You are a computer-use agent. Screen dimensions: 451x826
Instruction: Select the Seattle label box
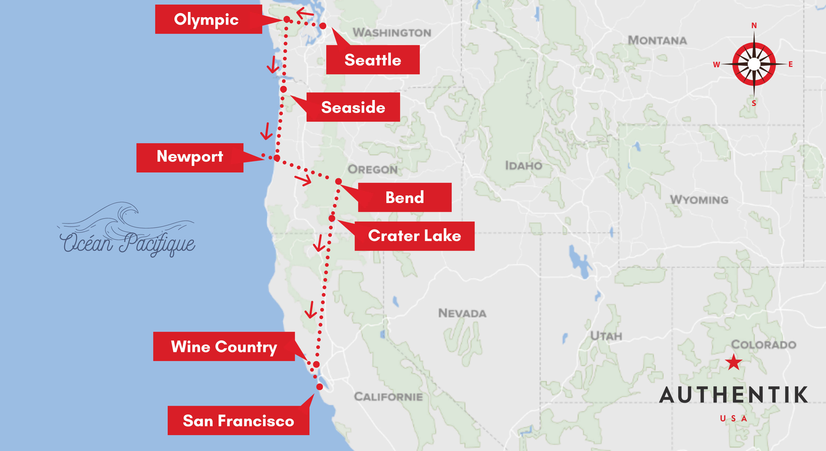tap(373, 60)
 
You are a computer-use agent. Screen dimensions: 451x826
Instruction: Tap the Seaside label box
tap(353, 107)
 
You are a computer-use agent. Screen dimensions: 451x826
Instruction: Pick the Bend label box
tap(405, 197)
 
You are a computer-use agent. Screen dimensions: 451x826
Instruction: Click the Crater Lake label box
tap(414, 236)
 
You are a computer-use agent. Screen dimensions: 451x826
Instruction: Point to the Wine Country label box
tap(224, 346)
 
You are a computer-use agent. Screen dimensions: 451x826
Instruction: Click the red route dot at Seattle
tap(323, 26)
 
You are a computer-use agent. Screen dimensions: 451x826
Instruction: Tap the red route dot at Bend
tap(338, 182)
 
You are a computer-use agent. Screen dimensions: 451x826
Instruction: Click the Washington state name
tap(392, 32)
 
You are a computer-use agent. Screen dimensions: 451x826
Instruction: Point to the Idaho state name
tap(524, 166)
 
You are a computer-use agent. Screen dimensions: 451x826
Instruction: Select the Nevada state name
tap(462, 313)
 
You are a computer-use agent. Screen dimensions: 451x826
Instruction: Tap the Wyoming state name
tap(699, 200)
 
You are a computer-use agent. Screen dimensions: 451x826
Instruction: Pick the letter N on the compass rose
tap(754, 25)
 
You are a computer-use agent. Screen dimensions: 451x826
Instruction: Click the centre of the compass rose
tap(754, 64)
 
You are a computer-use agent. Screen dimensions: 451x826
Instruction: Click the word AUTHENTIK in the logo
tap(734, 395)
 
